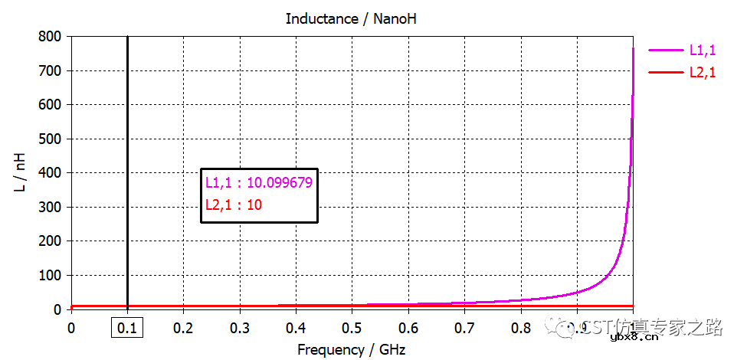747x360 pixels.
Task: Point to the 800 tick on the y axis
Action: tap(51, 36)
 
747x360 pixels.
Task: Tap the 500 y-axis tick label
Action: tap(51, 139)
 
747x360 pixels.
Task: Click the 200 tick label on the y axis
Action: tap(51, 241)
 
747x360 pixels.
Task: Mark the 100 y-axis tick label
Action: tap(51, 275)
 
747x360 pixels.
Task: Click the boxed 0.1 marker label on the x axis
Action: tap(127, 328)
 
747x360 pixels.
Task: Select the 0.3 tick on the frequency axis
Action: tap(240, 328)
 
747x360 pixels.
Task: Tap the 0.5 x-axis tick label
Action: tap(352, 328)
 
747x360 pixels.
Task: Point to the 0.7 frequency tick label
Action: tap(464, 328)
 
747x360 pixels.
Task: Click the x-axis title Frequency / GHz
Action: tap(352, 350)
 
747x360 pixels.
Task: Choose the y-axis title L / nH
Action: tap(21, 173)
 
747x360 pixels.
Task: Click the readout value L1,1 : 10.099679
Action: tap(258, 182)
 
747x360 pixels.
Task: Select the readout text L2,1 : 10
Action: tap(234, 205)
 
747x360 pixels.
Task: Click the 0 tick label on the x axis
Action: tap(71, 328)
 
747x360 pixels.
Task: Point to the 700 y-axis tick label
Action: tap(51, 70)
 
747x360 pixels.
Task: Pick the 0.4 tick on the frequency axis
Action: tap(296, 328)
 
